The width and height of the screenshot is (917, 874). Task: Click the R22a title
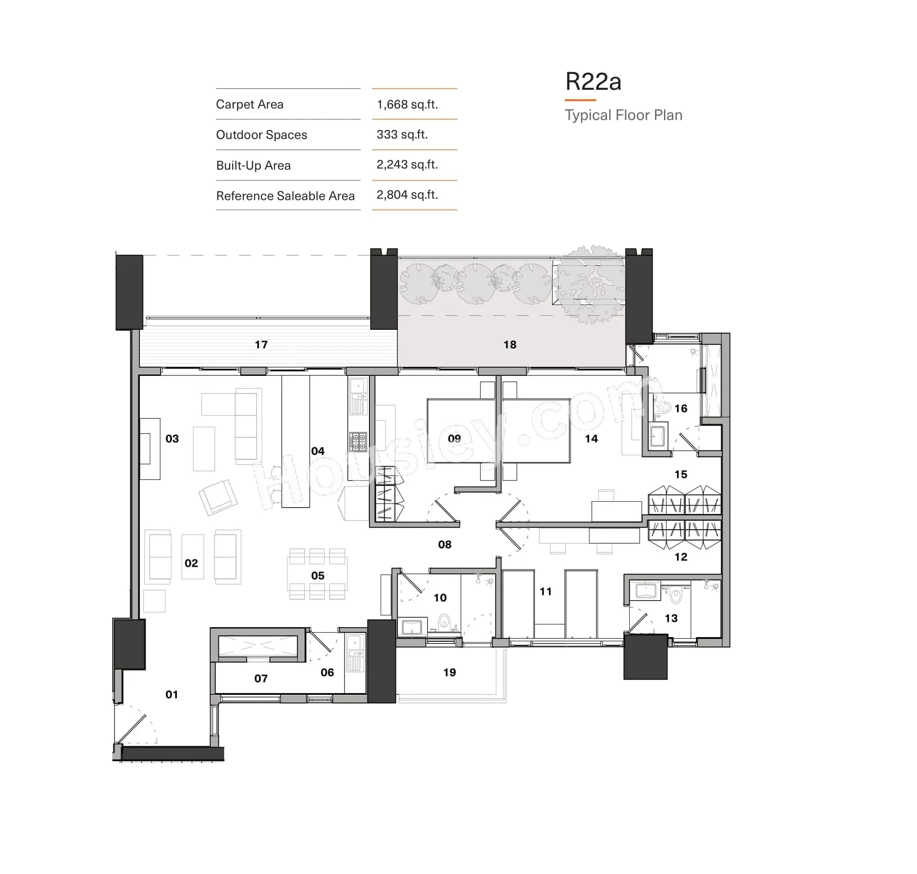pyautogui.click(x=592, y=82)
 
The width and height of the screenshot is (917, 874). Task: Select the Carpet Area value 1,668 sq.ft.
pyautogui.click(x=407, y=104)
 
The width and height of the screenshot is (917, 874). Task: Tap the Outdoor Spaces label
pyautogui.click(x=261, y=134)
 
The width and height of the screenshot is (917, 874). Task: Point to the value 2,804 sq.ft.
pyautogui.click(x=407, y=195)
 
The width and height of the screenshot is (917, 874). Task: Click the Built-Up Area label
pyautogui.click(x=253, y=166)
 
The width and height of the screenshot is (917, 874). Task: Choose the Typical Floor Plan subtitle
pyautogui.click(x=623, y=115)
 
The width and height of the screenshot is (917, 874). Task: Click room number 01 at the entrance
pyautogui.click(x=171, y=694)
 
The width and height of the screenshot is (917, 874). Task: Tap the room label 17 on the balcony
pyautogui.click(x=261, y=344)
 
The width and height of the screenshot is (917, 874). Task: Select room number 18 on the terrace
pyautogui.click(x=510, y=344)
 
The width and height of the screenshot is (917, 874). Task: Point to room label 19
pyautogui.click(x=449, y=672)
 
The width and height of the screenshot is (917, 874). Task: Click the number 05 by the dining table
pyautogui.click(x=318, y=575)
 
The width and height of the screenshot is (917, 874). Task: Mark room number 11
pyautogui.click(x=545, y=591)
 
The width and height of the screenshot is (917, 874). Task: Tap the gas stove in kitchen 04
pyautogui.click(x=357, y=441)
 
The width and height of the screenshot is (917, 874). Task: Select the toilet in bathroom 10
pyautogui.click(x=444, y=621)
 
